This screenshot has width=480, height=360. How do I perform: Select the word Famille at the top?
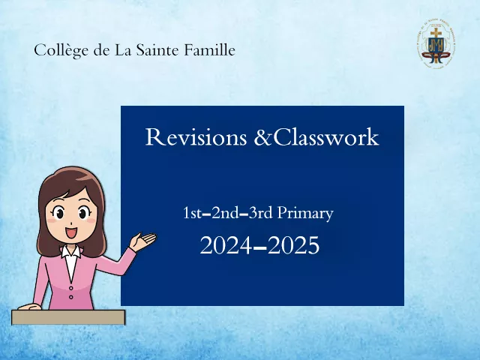[x=209, y=50]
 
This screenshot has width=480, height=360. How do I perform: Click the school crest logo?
[x=436, y=43]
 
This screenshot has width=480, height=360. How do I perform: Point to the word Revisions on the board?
[x=196, y=136]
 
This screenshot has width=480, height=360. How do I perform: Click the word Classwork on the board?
[x=325, y=136]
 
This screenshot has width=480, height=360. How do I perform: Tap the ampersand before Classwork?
[x=262, y=137]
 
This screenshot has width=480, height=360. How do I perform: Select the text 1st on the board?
[x=192, y=213]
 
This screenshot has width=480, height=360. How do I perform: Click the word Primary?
[x=305, y=214]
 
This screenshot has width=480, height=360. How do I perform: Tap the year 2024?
[x=226, y=245]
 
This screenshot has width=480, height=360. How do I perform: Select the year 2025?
[x=293, y=245]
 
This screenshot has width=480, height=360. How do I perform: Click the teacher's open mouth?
[x=72, y=232]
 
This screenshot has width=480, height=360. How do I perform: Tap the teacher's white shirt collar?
[x=71, y=252]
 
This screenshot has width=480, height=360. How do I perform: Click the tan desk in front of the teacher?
[x=68, y=317]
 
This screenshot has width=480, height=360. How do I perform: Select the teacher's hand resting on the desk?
[x=30, y=307]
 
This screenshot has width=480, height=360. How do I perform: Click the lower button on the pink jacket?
[x=71, y=297]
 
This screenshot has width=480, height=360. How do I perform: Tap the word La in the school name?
[x=123, y=50]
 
